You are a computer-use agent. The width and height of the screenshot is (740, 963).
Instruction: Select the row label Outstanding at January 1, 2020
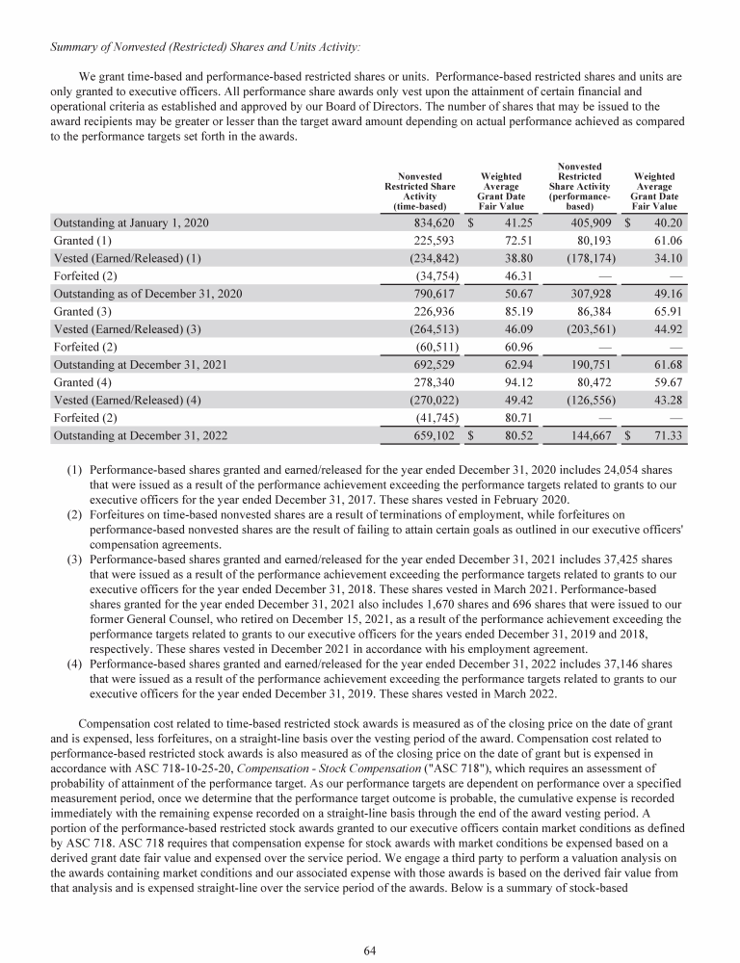(133, 222)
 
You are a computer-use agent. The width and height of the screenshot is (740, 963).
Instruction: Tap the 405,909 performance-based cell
(577, 222)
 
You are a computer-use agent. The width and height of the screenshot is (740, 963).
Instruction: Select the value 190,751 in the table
(577, 367)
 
